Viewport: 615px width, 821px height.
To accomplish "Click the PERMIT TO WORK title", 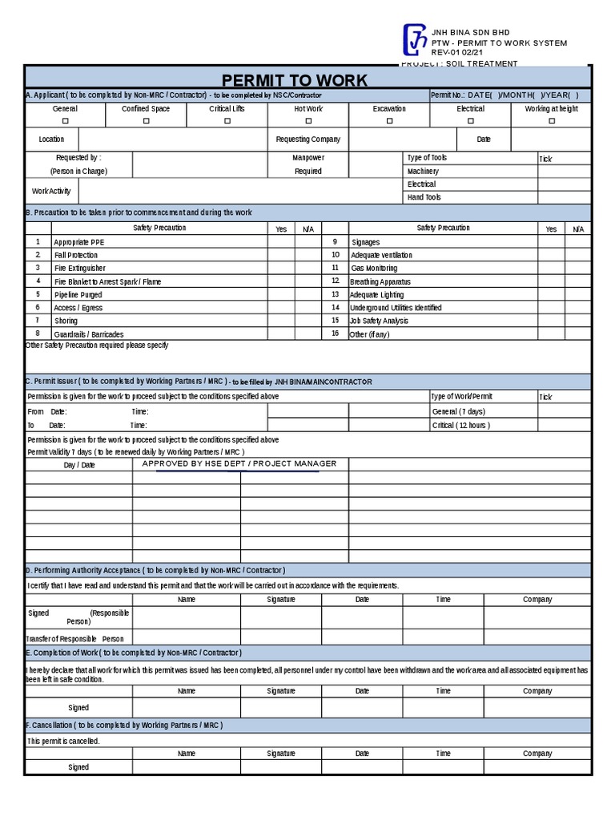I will click(x=294, y=80).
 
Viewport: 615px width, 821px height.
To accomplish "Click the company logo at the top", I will click(x=415, y=41).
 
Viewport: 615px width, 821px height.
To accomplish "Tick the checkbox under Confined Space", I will click(x=146, y=121).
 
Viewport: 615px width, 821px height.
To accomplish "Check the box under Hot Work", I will click(x=308, y=121).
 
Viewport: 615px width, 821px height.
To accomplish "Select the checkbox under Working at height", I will click(x=551, y=121).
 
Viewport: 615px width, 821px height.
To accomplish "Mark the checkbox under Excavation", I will click(x=389, y=121).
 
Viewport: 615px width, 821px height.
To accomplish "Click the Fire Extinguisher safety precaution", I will click(x=79, y=268).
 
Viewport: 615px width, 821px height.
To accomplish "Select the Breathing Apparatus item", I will click(x=380, y=281).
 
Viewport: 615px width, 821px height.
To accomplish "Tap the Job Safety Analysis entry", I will click(x=379, y=321).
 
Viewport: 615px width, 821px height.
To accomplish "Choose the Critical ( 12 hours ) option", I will click(x=460, y=425).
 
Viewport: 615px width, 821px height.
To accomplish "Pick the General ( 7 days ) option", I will click(x=458, y=411).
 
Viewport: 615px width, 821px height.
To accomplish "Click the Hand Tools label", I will click(x=424, y=197).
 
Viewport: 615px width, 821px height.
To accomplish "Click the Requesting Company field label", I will click(x=307, y=140).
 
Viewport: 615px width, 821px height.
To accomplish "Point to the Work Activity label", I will click(x=51, y=191).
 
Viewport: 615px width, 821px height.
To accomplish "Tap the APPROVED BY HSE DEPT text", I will click(x=239, y=463).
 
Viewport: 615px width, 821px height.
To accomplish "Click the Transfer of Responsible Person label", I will click(x=75, y=639).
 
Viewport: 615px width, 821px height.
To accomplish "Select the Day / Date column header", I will click(x=79, y=465).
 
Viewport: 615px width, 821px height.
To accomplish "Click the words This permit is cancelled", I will click(x=63, y=741).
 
